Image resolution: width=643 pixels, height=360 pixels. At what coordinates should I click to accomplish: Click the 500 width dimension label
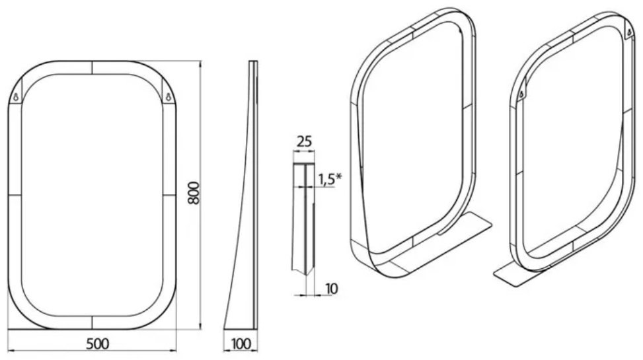click(98, 343)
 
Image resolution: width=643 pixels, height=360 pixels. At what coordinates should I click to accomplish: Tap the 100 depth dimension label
click(241, 343)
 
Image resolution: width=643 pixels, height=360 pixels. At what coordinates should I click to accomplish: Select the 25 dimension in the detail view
click(304, 141)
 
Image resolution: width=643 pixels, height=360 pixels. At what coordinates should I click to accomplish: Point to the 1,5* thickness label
click(330, 180)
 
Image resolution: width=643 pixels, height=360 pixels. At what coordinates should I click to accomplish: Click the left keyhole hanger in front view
click(16, 98)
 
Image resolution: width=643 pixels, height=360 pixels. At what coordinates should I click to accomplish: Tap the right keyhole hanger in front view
click(168, 98)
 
